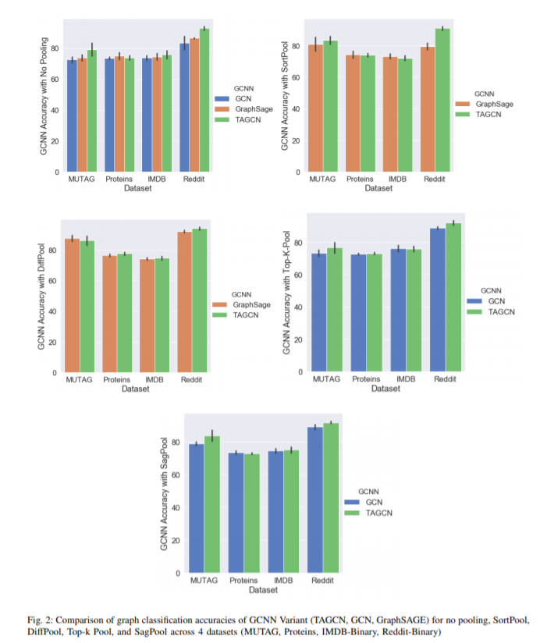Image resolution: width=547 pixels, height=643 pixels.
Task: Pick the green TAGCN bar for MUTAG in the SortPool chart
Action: click(330, 105)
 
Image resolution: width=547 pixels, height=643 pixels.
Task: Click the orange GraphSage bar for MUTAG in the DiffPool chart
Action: click(72, 304)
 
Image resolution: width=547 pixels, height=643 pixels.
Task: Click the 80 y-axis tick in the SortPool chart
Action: click(296, 48)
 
